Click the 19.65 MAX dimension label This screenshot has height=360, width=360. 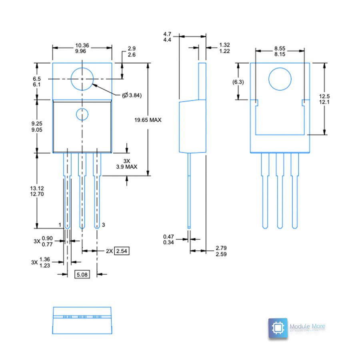click(x=148, y=120)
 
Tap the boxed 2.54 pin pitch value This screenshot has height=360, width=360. click(x=122, y=251)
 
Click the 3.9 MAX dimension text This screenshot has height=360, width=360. click(x=127, y=167)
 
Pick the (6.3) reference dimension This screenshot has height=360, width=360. click(x=238, y=82)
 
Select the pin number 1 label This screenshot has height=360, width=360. click(x=60, y=226)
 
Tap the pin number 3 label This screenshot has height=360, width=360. click(x=103, y=226)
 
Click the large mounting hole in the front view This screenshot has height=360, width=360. click(x=82, y=79)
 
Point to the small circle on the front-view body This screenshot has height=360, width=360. click(x=82, y=115)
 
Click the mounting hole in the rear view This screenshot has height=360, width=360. click(x=280, y=79)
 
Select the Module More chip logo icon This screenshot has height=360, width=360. click(x=278, y=328)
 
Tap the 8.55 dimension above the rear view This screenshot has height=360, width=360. click(x=280, y=48)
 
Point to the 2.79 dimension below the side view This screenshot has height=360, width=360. click(x=221, y=248)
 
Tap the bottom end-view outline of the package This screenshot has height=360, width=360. click(x=82, y=320)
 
